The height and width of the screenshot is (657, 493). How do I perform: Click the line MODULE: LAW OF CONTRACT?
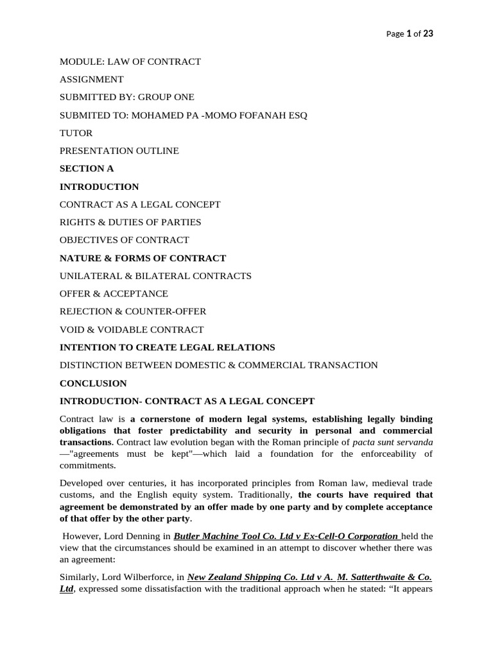(x=130, y=62)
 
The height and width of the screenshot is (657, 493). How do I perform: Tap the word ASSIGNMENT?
(x=92, y=80)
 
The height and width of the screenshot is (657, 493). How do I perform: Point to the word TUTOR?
(x=76, y=133)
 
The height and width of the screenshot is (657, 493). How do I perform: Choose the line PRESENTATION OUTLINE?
(x=119, y=151)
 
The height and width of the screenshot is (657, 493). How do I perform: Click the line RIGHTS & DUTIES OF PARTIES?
(x=130, y=222)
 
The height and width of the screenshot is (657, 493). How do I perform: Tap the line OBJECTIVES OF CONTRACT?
(x=125, y=240)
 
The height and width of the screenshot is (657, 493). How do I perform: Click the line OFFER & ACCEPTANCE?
(x=114, y=294)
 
